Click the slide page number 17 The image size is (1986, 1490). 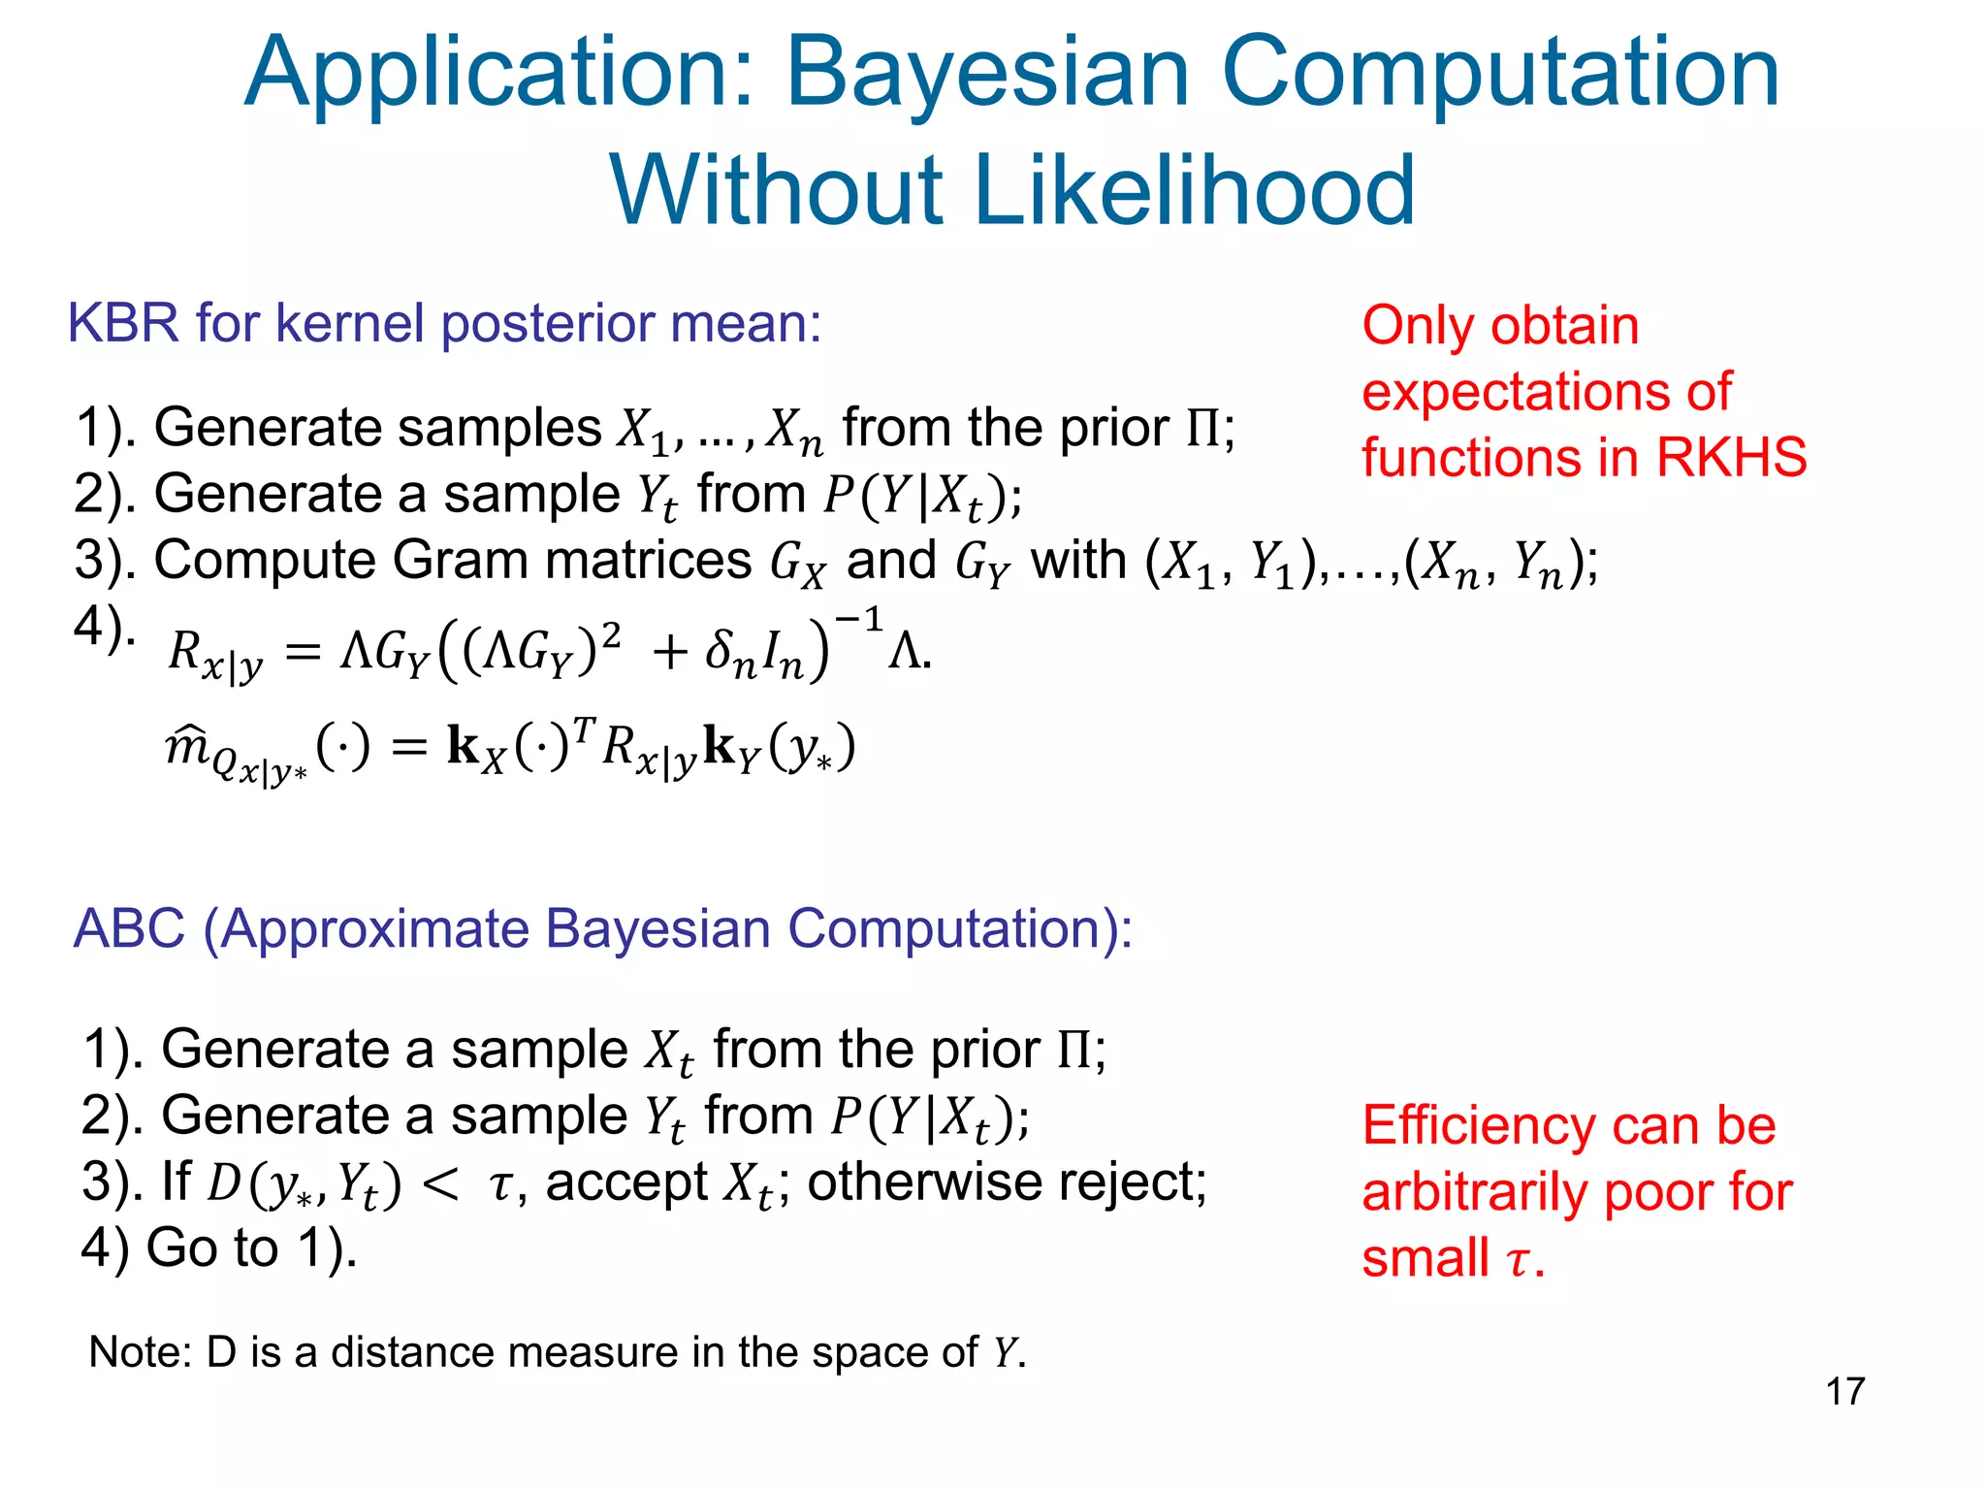click(x=1844, y=1391)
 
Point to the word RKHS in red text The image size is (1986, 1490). click(x=1730, y=457)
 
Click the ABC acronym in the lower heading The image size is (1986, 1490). click(x=129, y=928)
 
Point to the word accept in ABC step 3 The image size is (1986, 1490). click(x=626, y=1182)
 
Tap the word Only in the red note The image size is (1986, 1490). click(x=1414, y=326)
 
